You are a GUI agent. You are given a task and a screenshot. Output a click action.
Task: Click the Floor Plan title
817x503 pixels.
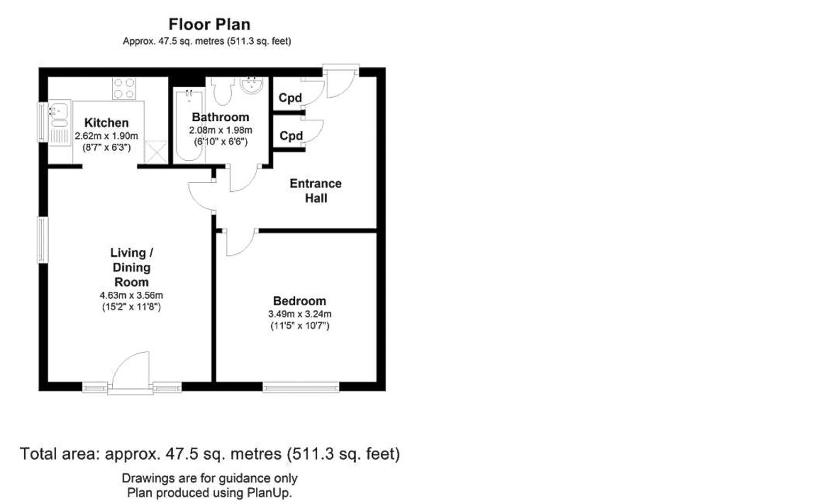click(209, 24)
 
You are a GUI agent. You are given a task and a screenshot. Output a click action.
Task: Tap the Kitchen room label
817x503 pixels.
click(107, 123)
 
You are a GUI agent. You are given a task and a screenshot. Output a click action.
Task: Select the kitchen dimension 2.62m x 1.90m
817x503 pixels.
click(107, 136)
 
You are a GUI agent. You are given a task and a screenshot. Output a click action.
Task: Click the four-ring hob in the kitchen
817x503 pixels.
click(124, 88)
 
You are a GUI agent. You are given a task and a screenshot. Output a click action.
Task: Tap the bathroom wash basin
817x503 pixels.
click(251, 84)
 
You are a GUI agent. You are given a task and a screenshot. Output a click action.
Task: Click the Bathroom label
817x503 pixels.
click(221, 117)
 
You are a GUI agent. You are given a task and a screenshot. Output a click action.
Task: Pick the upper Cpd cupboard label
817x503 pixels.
click(290, 98)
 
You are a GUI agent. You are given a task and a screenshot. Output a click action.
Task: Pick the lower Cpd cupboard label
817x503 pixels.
click(291, 136)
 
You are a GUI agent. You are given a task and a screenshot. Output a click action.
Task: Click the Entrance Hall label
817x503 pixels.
click(316, 191)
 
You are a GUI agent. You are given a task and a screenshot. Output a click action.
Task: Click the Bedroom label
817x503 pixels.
click(300, 301)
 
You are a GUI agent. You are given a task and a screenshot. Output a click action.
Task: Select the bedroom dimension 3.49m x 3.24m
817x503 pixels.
click(300, 314)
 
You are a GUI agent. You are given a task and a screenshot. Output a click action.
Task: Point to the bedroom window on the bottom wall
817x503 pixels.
click(301, 387)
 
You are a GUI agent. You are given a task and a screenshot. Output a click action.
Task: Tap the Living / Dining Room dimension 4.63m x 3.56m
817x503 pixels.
click(131, 295)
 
